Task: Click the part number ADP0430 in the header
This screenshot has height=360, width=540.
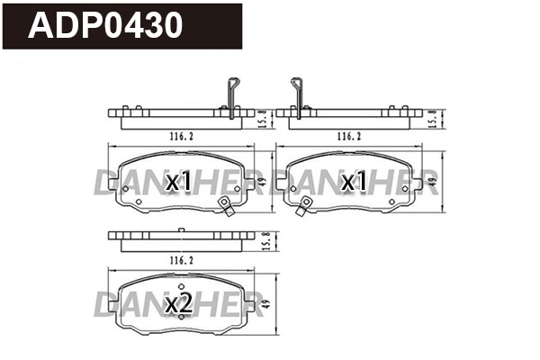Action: (x=107, y=25)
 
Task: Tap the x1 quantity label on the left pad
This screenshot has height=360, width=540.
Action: (x=179, y=183)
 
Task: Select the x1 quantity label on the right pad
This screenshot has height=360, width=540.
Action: (x=352, y=183)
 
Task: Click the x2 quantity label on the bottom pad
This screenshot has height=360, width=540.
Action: (x=179, y=305)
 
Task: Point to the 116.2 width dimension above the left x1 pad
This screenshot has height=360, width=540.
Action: (x=181, y=136)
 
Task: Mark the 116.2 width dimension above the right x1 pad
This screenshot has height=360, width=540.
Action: (x=349, y=136)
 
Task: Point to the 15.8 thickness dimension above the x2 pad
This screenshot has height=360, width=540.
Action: (x=262, y=239)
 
